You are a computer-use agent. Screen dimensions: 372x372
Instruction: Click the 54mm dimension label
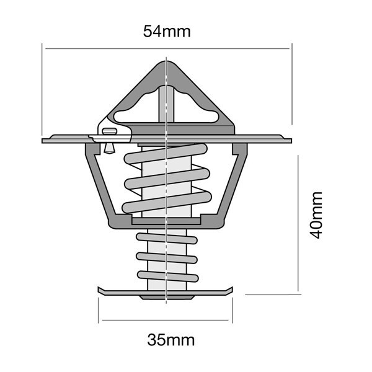tap(167, 32)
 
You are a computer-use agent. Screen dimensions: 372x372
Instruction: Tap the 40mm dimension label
tap(316, 215)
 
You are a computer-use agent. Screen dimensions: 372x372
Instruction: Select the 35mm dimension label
tap(171, 340)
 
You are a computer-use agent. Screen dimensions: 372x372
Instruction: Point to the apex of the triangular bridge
tap(166, 61)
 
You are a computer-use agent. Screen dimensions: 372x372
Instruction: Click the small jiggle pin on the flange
tap(109, 140)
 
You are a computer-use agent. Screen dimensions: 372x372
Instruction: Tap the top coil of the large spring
tap(166, 154)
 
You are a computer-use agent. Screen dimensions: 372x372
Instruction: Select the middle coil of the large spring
tap(167, 179)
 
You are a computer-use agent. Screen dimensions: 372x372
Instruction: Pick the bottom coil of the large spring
tap(167, 202)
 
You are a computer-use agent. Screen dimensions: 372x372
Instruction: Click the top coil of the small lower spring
tap(167, 239)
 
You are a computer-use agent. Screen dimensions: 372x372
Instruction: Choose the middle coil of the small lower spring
tap(167, 258)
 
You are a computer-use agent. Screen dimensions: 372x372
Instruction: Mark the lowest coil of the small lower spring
tap(168, 277)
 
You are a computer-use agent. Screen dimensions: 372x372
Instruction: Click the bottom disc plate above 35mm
tap(166, 292)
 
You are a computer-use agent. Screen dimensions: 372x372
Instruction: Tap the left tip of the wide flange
tap(42, 141)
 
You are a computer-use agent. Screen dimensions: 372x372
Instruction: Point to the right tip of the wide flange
tap(291, 141)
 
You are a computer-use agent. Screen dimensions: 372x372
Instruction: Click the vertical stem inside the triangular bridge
tap(166, 104)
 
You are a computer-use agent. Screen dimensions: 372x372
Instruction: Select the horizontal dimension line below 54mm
tap(167, 48)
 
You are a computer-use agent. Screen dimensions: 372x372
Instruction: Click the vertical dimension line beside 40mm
tap(298, 223)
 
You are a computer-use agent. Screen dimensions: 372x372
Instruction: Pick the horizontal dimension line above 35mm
tap(165, 320)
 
